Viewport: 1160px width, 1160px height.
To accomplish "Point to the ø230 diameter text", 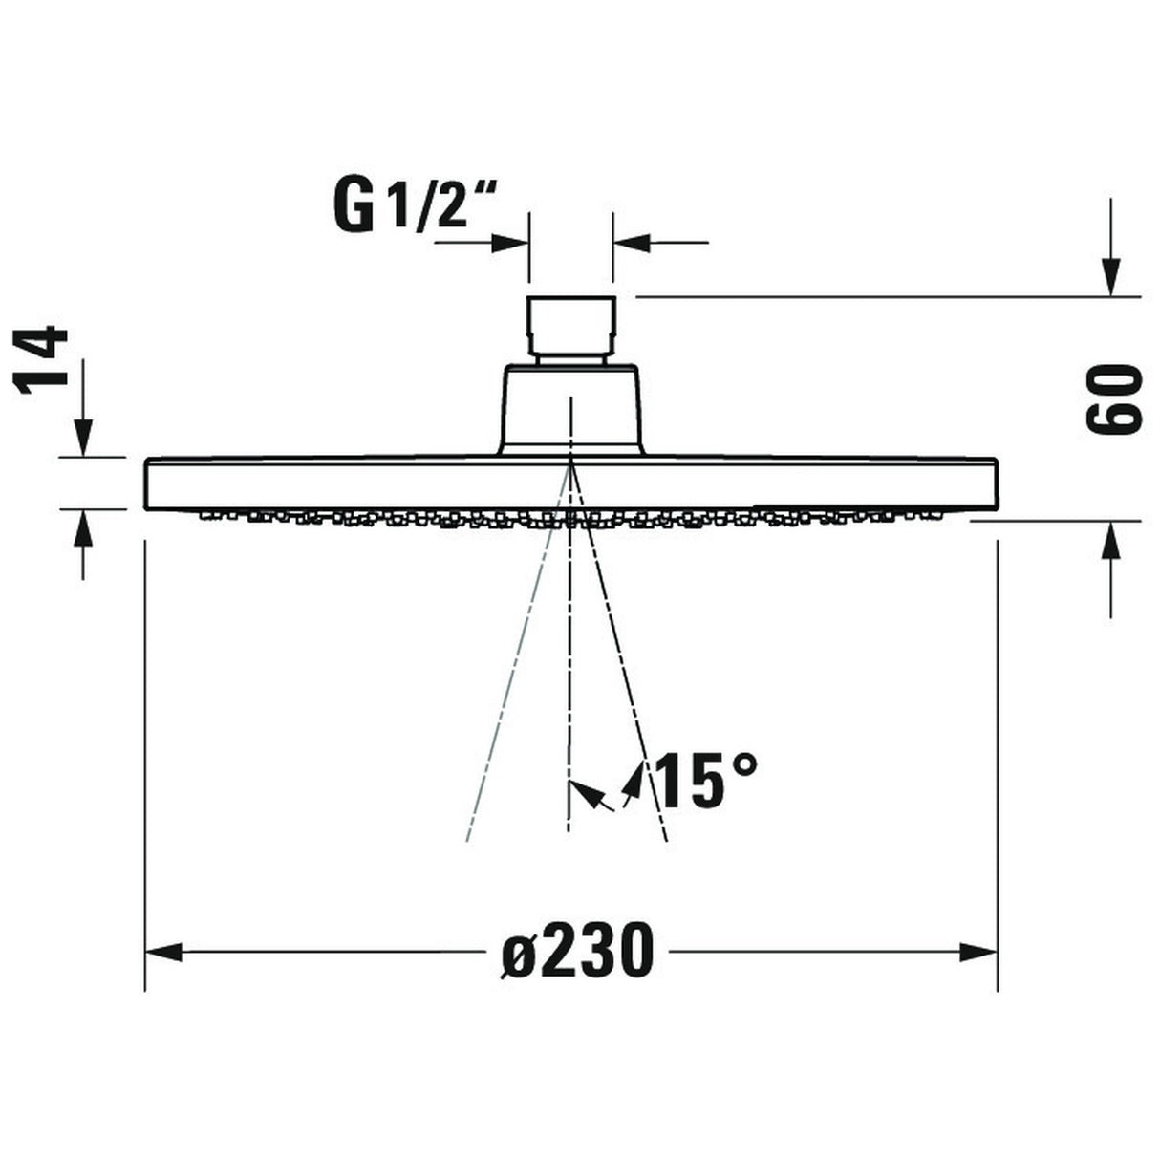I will point(578,951).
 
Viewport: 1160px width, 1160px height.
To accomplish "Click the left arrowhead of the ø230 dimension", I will point(163,952).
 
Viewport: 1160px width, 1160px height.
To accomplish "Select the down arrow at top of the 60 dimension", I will point(1110,277).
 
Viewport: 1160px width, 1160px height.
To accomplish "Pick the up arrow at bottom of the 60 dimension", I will point(1110,542).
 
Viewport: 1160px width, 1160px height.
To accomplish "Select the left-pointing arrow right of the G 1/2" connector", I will point(633,243).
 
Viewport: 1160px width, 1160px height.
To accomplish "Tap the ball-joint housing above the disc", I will point(571,409).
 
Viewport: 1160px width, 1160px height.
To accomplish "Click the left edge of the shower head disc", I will point(146,485).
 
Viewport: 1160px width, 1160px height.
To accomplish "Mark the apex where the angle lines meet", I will point(570,462).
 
